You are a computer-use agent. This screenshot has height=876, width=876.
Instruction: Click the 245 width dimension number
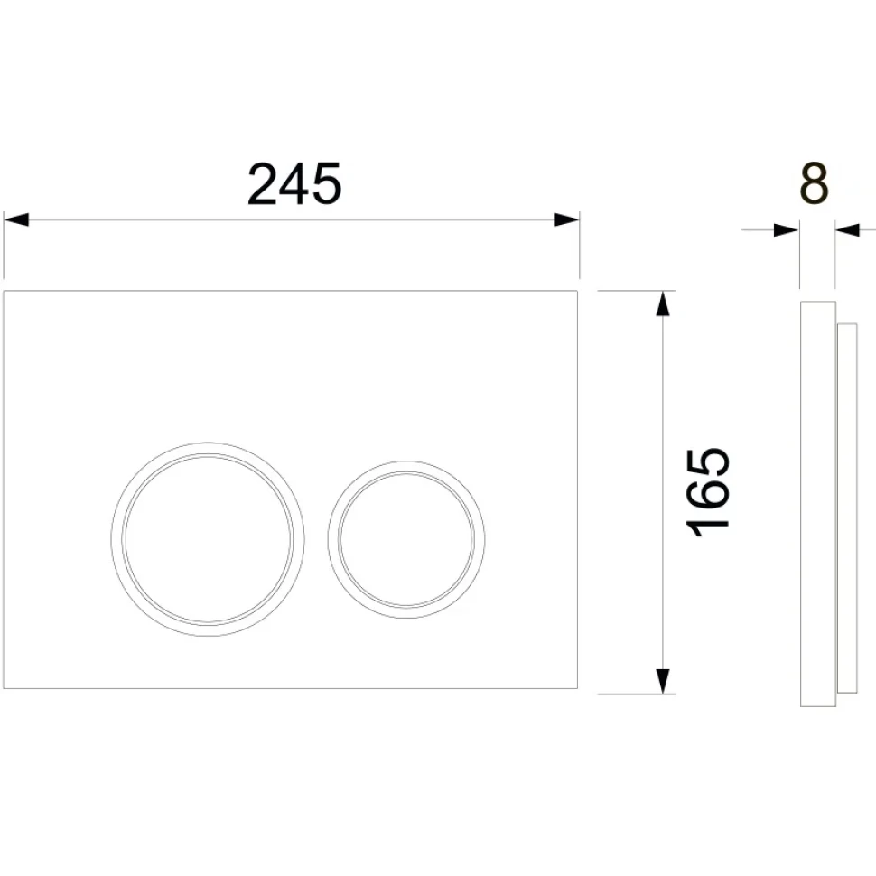294,183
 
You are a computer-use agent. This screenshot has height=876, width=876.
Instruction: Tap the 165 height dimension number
708,491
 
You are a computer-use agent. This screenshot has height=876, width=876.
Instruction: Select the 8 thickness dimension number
815,183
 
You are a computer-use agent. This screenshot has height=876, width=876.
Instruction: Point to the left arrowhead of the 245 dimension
16,219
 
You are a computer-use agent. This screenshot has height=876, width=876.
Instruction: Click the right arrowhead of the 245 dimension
566,219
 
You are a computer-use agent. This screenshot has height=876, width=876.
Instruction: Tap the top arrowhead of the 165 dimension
663,303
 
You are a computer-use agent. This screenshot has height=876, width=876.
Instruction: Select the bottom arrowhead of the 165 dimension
663,681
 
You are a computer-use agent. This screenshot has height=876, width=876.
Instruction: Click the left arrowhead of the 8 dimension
787,230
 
